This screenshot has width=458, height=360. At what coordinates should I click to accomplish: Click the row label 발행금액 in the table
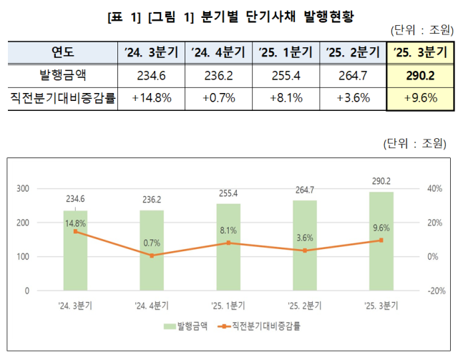[x=63, y=75]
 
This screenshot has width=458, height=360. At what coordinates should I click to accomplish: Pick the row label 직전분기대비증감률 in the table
[x=63, y=98]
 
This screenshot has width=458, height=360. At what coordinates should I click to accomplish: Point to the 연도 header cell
[x=63, y=52]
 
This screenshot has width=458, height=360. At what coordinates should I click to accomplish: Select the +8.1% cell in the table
[x=284, y=98]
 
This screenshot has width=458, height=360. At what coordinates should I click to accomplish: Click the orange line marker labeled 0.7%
[x=152, y=255]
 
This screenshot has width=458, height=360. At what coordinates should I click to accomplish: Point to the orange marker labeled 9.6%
[x=381, y=240]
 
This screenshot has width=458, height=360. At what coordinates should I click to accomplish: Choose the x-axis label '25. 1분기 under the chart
[x=228, y=306]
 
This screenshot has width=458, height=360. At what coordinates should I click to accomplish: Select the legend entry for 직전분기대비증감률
[x=262, y=326]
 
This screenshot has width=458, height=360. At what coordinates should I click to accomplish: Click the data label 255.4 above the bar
[x=228, y=194]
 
